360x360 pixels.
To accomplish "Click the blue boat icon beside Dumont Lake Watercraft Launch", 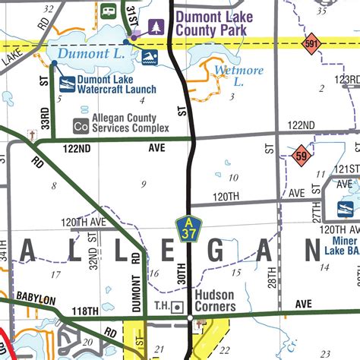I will click(x=68, y=84).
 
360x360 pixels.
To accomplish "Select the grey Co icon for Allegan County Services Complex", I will click(x=80, y=125).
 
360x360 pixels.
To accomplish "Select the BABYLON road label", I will click(x=36, y=300).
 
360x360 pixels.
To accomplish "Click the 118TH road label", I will click(x=86, y=311).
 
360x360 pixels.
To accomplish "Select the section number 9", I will click(x=143, y=184).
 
